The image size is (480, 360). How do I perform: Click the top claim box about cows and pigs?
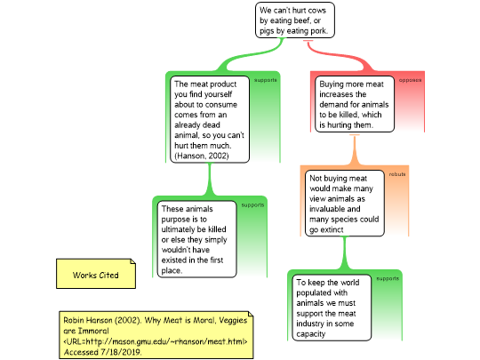(x=295, y=20)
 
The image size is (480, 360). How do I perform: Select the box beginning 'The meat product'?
(x=210, y=119)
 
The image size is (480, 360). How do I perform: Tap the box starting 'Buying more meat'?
(x=355, y=104)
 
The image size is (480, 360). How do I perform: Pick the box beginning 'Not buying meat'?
(x=345, y=204)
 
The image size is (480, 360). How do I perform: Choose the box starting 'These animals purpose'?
(x=196, y=239)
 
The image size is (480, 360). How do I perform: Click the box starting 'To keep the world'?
(x=332, y=308)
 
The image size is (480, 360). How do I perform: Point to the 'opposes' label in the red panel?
(x=410, y=80)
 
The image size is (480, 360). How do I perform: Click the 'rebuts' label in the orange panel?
(x=397, y=174)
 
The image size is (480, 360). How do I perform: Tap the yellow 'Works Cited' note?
(x=96, y=274)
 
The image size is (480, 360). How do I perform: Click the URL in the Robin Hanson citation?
(x=156, y=341)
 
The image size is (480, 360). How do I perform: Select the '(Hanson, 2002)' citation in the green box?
(x=202, y=156)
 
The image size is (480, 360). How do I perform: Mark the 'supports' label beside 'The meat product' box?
(x=266, y=80)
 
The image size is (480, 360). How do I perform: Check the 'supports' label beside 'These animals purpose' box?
(x=252, y=205)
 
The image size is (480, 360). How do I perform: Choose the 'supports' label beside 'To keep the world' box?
(x=388, y=278)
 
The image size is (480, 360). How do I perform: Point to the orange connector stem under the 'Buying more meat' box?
(x=355, y=150)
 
